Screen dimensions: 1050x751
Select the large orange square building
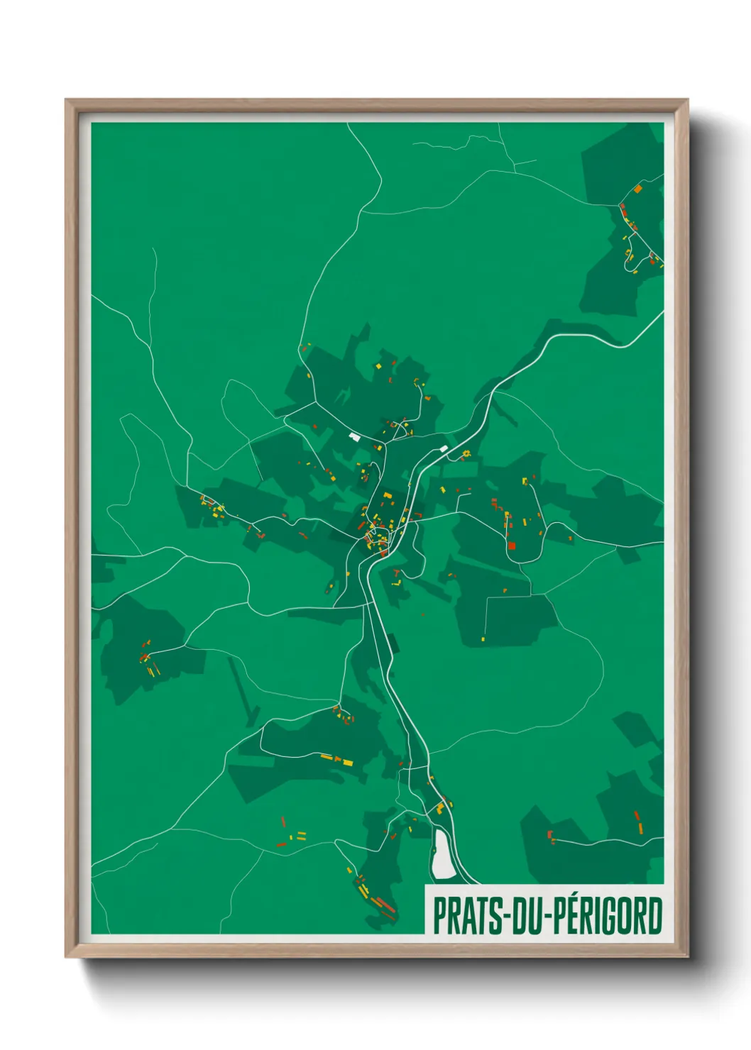(x=637, y=189)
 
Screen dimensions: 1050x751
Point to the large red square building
(x=511, y=546)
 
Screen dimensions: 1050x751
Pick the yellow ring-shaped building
(x=466, y=453)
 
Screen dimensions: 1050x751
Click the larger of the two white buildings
(x=354, y=436)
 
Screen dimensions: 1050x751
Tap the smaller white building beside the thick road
(x=444, y=448)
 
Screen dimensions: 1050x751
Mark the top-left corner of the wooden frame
(x=66, y=100)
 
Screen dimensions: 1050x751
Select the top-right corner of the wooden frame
(x=687, y=100)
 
